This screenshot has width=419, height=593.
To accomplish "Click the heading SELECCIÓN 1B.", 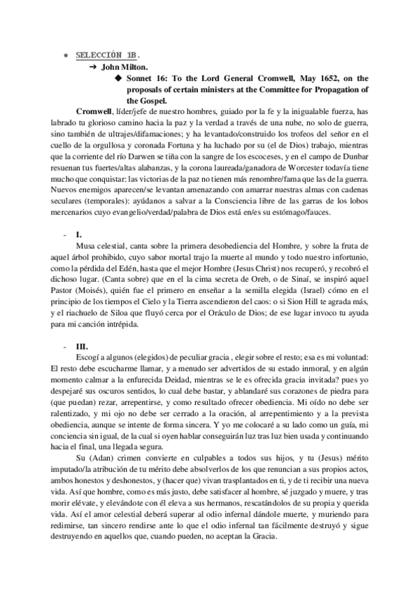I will click(101, 54).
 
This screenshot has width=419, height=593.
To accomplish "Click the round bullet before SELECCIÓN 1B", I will click(66, 55).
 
